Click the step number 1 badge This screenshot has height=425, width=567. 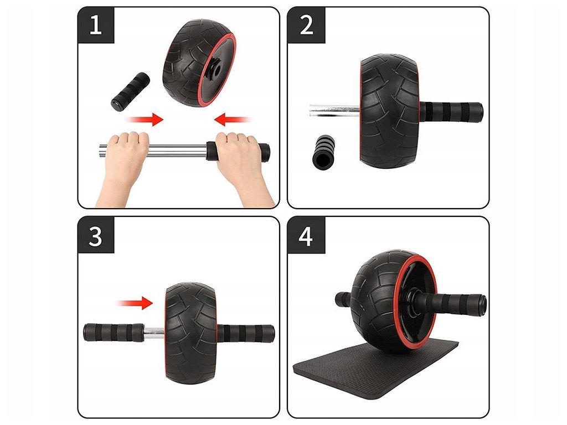pyautogui.click(x=96, y=25)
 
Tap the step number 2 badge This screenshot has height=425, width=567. pyautogui.click(x=306, y=25)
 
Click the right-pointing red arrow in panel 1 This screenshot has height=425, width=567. pyautogui.click(x=144, y=120)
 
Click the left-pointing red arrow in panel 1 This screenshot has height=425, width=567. pyautogui.click(x=233, y=120)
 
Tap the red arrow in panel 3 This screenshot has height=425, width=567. pyautogui.click(x=134, y=303)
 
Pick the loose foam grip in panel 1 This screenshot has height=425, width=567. pyautogui.click(x=131, y=91)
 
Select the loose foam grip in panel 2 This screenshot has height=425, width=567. pyautogui.click(x=323, y=152)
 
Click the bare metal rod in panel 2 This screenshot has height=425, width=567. pyautogui.click(x=334, y=111)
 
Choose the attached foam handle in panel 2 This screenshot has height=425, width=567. pyautogui.click(x=451, y=112)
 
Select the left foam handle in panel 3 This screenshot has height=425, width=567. pyautogui.click(x=114, y=333)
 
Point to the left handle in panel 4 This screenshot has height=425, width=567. pyautogui.click(x=343, y=299)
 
